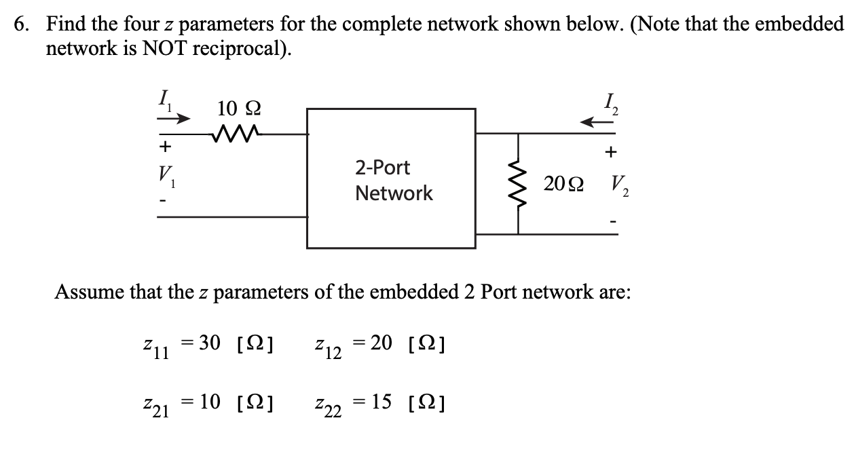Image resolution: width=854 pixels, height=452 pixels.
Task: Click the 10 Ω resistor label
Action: tap(238, 109)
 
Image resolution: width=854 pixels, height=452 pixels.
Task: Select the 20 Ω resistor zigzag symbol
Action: tap(519, 184)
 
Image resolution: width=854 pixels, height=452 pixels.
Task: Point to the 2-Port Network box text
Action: tap(392, 181)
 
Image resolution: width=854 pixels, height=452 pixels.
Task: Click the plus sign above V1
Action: tap(164, 147)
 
